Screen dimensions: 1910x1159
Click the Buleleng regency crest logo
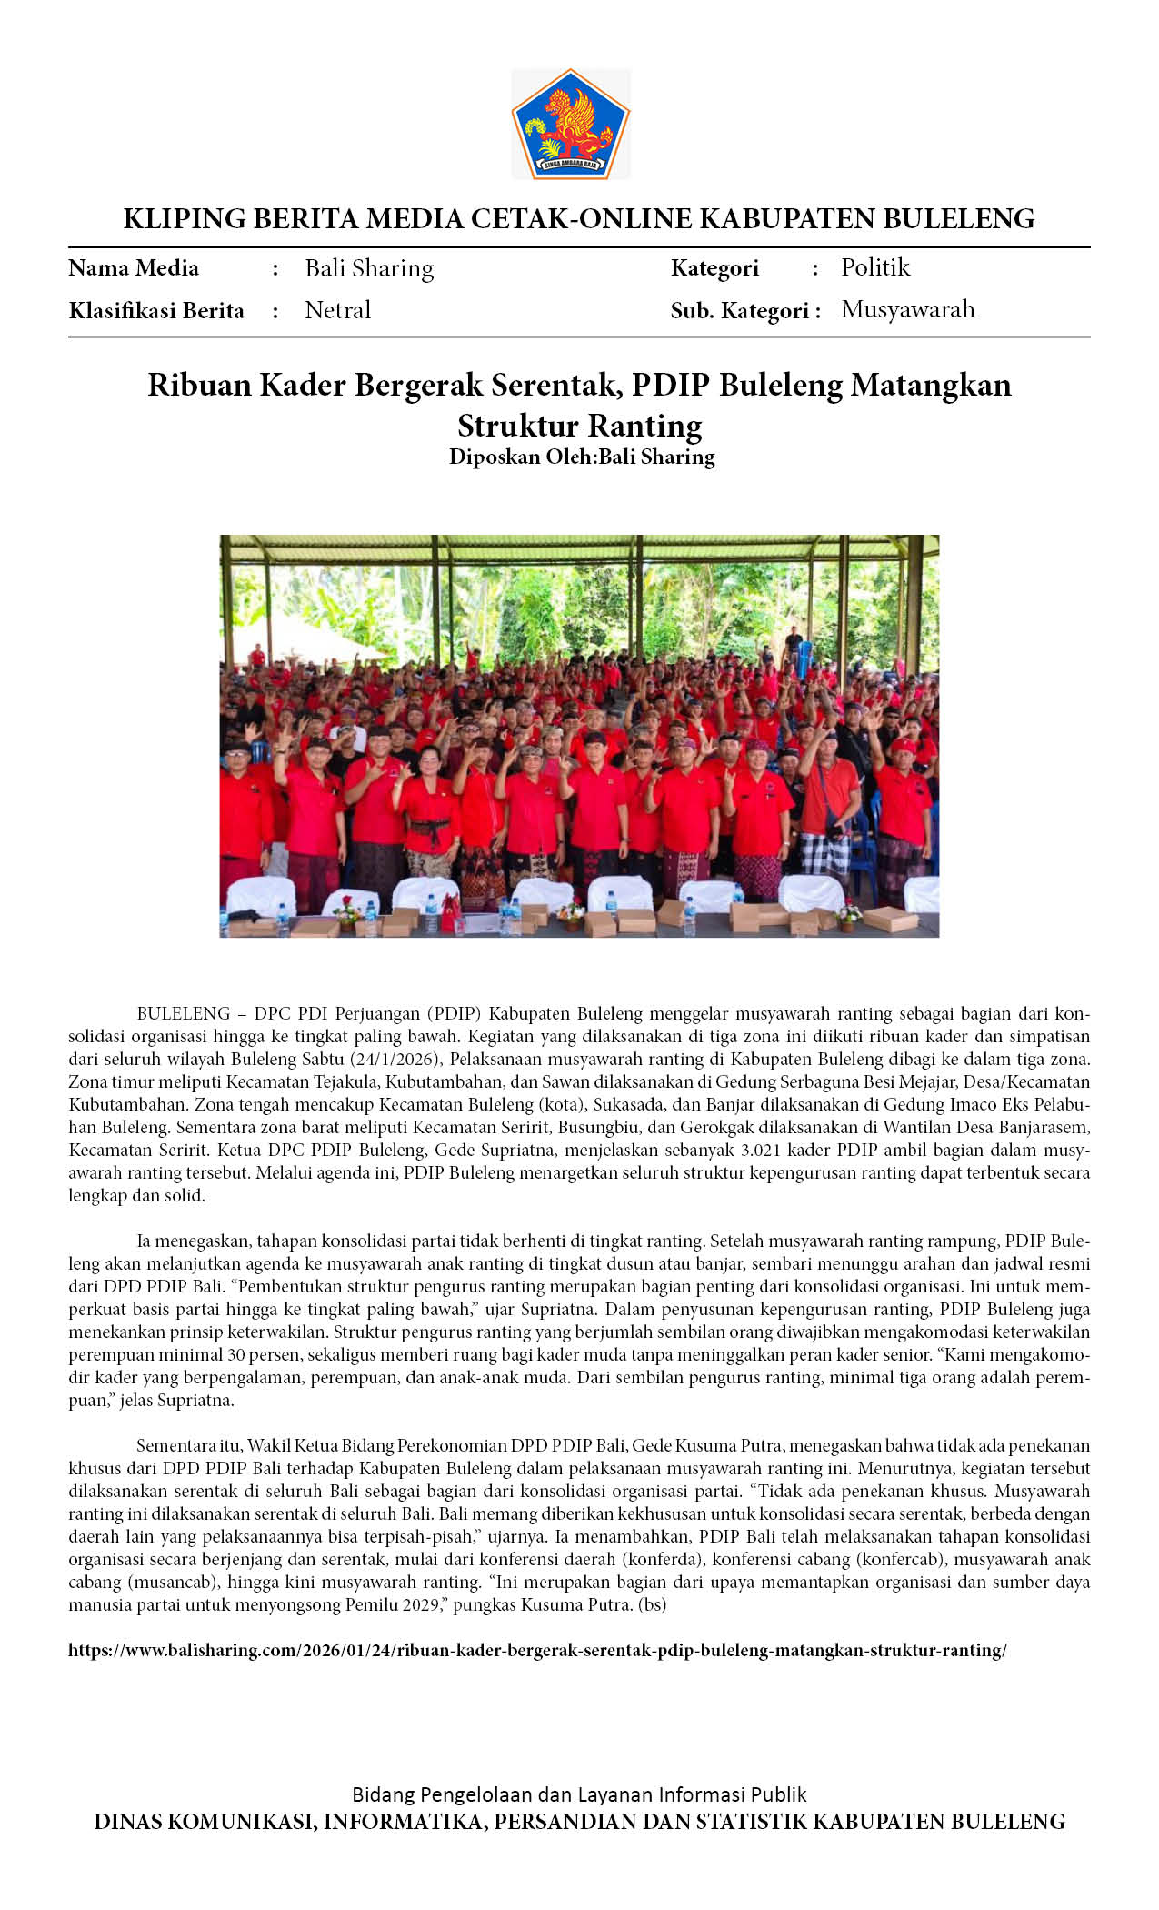click(571, 124)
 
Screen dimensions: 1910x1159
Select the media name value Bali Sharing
click(369, 268)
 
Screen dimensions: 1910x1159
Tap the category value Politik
click(874, 267)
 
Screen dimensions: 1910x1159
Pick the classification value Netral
click(337, 310)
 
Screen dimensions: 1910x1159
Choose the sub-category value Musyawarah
click(907, 309)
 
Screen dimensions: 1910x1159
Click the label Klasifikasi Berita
click(156, 311)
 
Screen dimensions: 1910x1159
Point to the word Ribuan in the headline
click(200, 385)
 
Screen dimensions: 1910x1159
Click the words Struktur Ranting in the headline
click(579, 426)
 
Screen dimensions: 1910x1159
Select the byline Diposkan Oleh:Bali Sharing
click(582, 457)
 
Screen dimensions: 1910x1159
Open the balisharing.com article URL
click(537, 1650)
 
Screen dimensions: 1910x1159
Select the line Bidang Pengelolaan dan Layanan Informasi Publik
click(579, 1794)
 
